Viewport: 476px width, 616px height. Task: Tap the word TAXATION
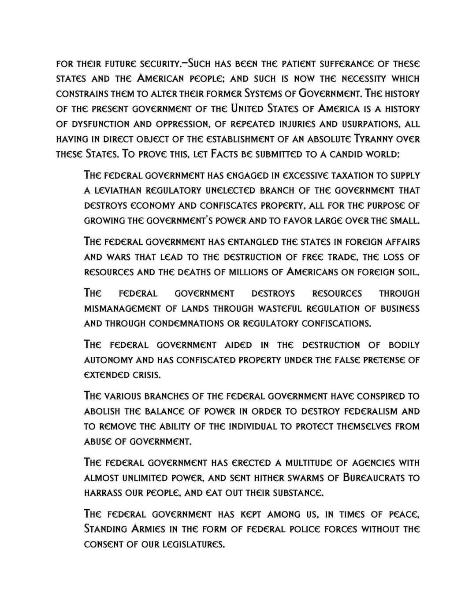coord(341,175)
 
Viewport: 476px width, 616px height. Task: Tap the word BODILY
coord(404,345)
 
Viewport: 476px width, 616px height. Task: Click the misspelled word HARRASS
coord(104,493)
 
